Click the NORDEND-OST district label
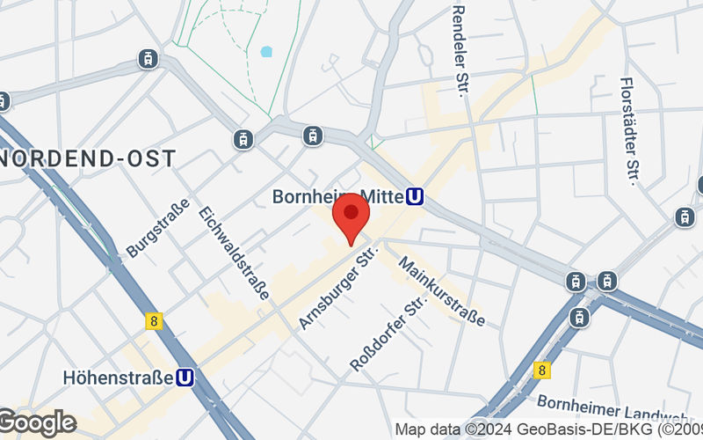pyautogui.click(x=88, y=159)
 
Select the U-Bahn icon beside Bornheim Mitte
pyautogui.click(x=415, y=198)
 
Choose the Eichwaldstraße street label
pyautogui.click(x=234, y=253)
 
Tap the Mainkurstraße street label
pyautogui.click(x=442, y=290)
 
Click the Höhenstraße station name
pyautogui.click(x=118, y=378)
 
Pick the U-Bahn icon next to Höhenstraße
pyautogui.click(x=185, y=378)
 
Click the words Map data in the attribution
pyautogui.click(x=426, y=429)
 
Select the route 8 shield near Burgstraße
pyautogui.click(x=155, y=321)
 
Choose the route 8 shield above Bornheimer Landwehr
pyautogui.click(x=543, y=371)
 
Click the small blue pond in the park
pyautogui.click(x=266, y=51)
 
